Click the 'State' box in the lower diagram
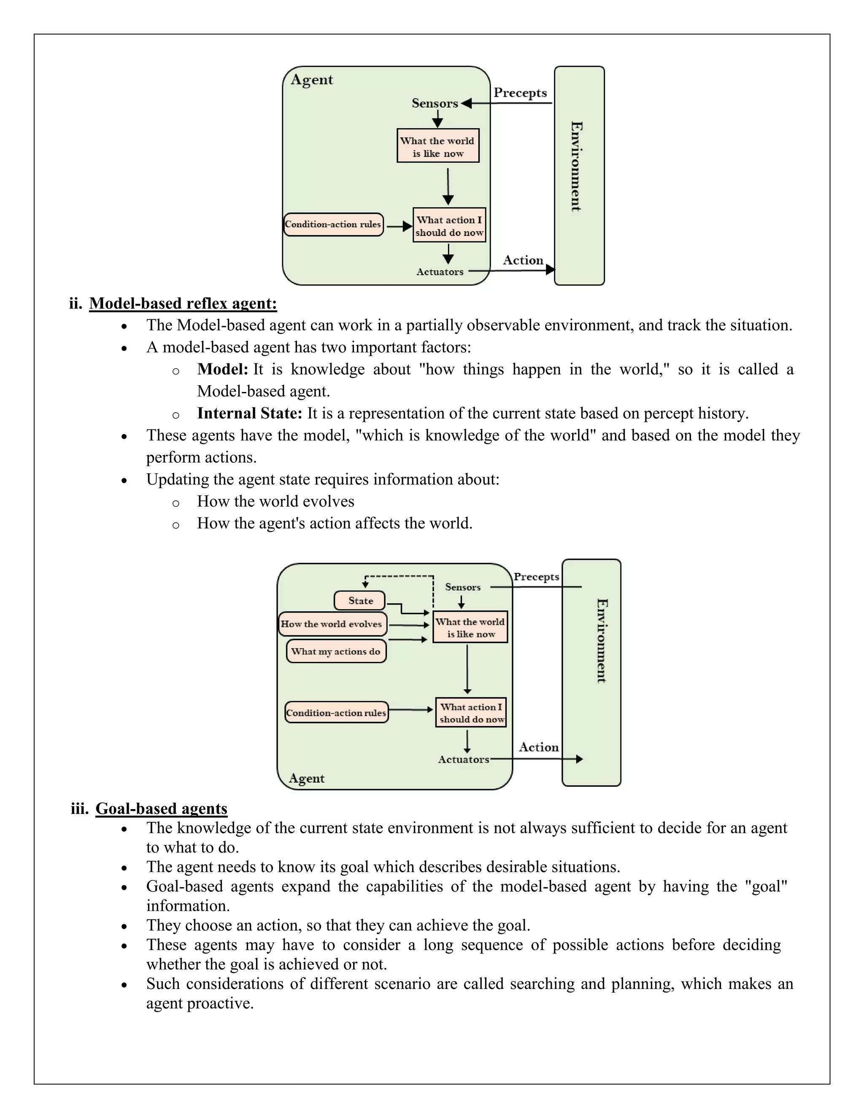click(359, 600)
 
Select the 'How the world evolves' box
click(332, 624)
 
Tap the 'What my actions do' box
click(336, 651)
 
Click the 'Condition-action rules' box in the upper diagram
click(333, 224)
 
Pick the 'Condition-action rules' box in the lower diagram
click(336, 713)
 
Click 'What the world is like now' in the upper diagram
click(437, 146)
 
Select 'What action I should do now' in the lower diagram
click(471, 713)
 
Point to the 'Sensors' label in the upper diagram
click(435, 103)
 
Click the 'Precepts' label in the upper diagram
click(520, 93)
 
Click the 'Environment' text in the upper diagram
click(576, 166)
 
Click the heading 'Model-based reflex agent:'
click(183, 304)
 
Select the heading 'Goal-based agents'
click(161, 808)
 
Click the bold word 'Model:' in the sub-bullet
click(223, 369)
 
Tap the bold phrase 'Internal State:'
click(250, 413)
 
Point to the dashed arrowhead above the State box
click(365, 584)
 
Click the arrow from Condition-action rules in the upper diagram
click(399, 226)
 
